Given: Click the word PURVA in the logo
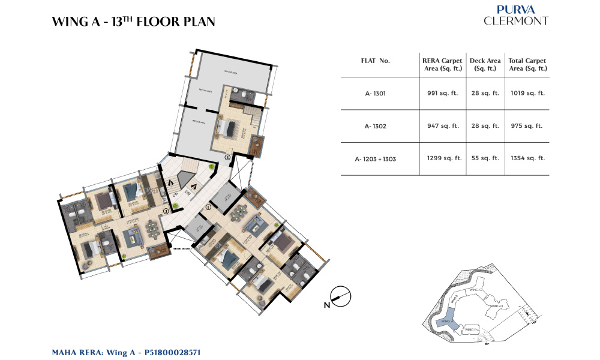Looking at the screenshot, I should coord(515,10).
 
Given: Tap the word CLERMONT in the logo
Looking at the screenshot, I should coord(515,21).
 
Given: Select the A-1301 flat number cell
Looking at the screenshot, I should coord(376,93).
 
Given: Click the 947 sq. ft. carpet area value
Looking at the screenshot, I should coord(445,126).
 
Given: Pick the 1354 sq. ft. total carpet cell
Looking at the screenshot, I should coord(527,158).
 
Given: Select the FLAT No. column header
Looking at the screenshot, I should coord(376,61).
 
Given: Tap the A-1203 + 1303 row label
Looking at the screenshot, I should coord(376,158).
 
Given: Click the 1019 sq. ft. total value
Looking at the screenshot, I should coord(527,93).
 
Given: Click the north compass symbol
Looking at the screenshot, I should coord(340,297).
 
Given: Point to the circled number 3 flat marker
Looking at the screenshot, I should coord(227,157).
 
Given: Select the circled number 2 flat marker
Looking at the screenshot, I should coord(166,211).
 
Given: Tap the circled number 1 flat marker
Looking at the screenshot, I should coord(208,207).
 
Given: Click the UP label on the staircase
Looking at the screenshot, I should coord(175,195).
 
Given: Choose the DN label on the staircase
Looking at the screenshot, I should coord(187,192).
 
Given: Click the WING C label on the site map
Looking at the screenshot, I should coord(476,289).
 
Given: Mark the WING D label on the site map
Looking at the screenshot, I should coord(496,306).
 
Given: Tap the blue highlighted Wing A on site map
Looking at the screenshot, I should coord(449,320).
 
